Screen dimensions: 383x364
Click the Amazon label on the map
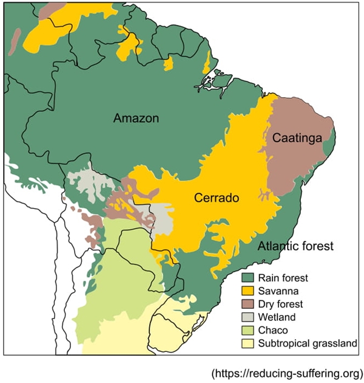coord(136,118)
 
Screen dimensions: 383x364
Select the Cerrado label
coord(216,198)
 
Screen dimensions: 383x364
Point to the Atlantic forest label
coord(295,247)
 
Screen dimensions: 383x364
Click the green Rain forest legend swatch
coord(247,278)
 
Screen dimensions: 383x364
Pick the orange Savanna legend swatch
coord(247,291)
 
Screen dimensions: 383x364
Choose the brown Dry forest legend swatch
coord(247,304)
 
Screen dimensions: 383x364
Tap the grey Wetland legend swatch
coord(247,317)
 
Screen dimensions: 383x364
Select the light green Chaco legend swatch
coord(247,330)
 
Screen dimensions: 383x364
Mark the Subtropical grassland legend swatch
coord(247,343)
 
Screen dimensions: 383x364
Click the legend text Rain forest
coord(283,278)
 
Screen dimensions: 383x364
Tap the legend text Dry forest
coord(280,304)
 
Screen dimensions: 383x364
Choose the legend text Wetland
coord(277,317)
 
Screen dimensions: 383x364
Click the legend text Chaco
coord(273,330)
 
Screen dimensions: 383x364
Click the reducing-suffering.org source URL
coord(288,373)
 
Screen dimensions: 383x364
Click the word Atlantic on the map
coord(276,247)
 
